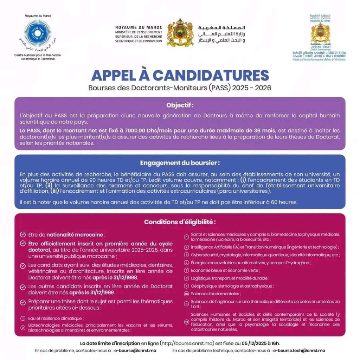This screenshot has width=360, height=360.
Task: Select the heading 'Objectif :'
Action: point(180,105)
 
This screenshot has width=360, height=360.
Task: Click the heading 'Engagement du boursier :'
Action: point(180,163)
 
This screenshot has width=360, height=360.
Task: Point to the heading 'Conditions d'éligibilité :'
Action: point(180,222)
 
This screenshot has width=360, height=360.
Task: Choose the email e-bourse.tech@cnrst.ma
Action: point(299,351)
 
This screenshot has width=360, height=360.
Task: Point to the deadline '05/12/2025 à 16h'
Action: point(259,343)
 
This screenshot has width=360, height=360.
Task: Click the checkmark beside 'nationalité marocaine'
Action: point(23,234)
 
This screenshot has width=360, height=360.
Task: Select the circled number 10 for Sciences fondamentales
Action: point(187,294)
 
